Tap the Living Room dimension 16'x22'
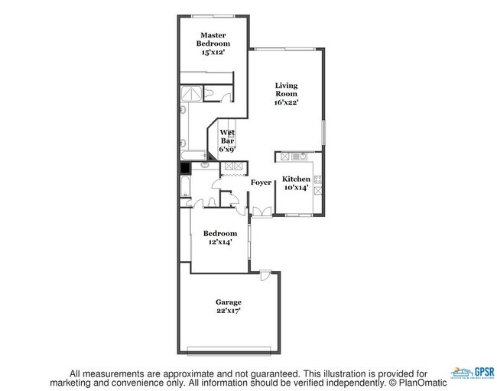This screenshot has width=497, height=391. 287,100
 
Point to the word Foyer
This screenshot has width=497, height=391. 261,183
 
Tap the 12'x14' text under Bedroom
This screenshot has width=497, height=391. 219,241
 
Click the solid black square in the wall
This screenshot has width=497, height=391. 184,170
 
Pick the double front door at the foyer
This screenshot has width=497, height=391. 261,212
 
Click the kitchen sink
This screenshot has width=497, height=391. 298,157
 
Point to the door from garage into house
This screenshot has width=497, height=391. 264,274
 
